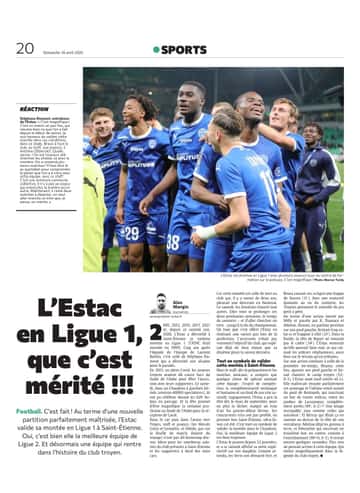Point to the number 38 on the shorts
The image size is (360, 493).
[x=174, y=241]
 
